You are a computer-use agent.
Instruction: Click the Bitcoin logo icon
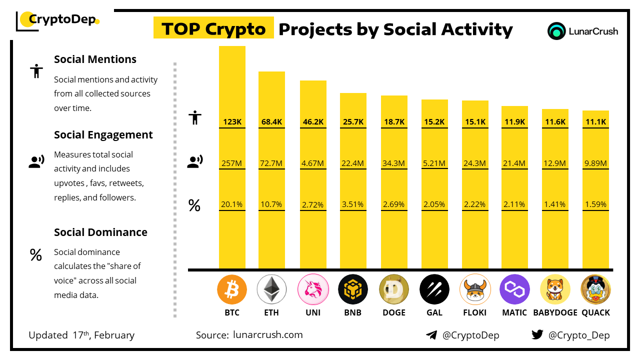(x=232, y=289)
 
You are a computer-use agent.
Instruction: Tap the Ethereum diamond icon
(x=271, y=289)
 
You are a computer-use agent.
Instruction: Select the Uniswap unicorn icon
(x=312, y=289)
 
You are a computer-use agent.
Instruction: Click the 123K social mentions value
(x=232, y=121)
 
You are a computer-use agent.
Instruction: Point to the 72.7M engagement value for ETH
(x=271, y=163)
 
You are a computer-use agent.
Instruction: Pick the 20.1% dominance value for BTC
(x=232, y=204)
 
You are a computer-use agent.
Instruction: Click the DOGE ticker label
(x=393, y=312)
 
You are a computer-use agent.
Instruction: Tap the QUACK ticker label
(x=595, y=312)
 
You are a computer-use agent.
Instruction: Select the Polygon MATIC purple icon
(x=514, y=289)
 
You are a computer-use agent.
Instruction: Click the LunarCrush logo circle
(x=556, y=31)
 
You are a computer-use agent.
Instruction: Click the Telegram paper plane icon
(x=431, y=335)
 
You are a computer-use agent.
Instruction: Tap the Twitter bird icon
(x=537, y=335)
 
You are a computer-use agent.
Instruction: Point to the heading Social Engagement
(x=103, y=135)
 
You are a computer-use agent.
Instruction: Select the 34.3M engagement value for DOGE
(x=393, y=163)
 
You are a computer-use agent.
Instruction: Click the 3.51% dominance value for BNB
(x=353, y=204)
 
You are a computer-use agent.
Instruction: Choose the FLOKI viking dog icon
(x=474, y=289)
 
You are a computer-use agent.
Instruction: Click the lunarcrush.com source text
(x=268, y=335)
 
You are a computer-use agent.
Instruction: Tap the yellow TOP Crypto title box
(x=213, y=29)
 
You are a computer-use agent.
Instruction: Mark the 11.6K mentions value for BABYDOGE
(x=555, y=121)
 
